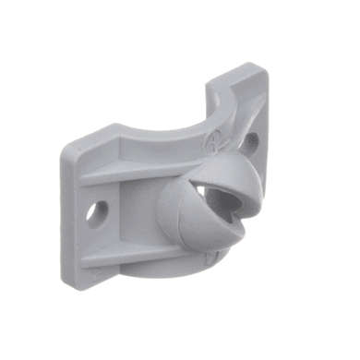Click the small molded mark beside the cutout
[x=215, y=141]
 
